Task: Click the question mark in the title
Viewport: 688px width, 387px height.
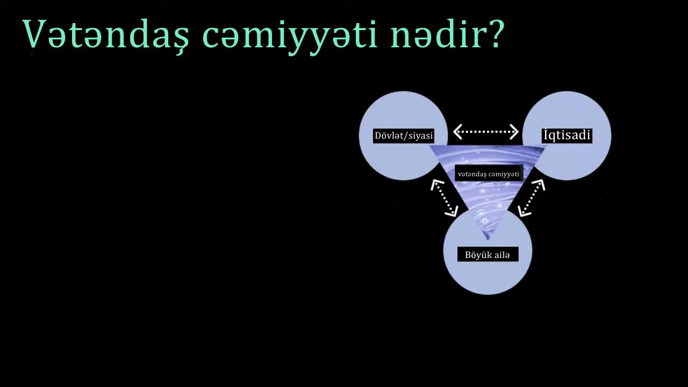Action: tap(495, 34)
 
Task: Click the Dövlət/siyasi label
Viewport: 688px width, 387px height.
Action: tap(404, 135)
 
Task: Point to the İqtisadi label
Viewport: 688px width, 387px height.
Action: tap(567, 135)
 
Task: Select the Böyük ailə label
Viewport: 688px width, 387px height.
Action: tap(488, 255)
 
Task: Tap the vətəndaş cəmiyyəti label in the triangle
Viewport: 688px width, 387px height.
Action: tap(489, 174)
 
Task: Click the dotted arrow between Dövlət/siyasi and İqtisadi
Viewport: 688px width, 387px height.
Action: tap(486, 132)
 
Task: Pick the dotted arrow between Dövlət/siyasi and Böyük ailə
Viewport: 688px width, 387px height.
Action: tap(445, 198)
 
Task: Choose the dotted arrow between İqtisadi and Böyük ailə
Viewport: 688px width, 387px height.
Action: tap(532, 198)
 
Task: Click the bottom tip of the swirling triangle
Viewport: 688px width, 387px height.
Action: tap(487, 240)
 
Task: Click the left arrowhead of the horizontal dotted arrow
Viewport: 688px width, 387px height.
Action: tap(457, 132)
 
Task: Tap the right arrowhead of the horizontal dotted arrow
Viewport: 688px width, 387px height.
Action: tap(514, 132)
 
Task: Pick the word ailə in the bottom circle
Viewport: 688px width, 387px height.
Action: tap(501, 255)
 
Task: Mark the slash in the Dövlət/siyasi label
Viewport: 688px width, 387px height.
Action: tap(406, 136)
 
